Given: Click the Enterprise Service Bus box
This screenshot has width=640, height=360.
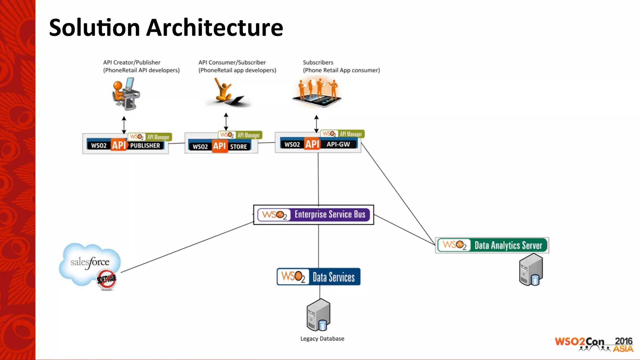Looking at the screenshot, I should [x=313, y=215].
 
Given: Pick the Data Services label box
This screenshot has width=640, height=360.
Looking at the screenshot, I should [x=318, y=277].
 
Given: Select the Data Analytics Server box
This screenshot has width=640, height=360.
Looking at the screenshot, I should [x=492, y=245].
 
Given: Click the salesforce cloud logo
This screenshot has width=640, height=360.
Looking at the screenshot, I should [x=90, y=264].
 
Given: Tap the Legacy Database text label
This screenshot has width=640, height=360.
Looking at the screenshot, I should [x=322, y=339].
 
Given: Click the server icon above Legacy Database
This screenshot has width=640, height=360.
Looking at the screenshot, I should [x=318, y=315].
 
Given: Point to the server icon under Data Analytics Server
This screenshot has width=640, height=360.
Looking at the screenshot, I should [x=531, y=269].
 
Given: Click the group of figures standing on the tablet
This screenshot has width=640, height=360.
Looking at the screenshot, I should [x=317, y=92].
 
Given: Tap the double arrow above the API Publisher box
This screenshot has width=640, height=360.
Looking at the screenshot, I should [x=124, y=125].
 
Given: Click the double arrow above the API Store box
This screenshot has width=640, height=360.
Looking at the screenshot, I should [x=226, y=122].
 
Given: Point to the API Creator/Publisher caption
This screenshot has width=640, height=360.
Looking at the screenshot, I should [x=132, y=62].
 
